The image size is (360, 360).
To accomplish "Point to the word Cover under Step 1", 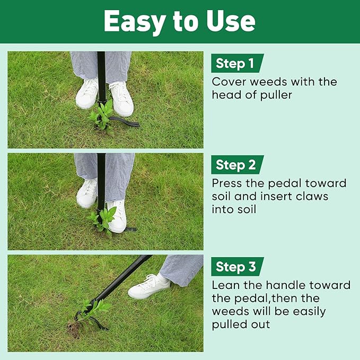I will [229, 82].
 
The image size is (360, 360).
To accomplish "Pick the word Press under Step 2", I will [229, 183].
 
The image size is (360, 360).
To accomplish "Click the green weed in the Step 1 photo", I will [101, 117].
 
